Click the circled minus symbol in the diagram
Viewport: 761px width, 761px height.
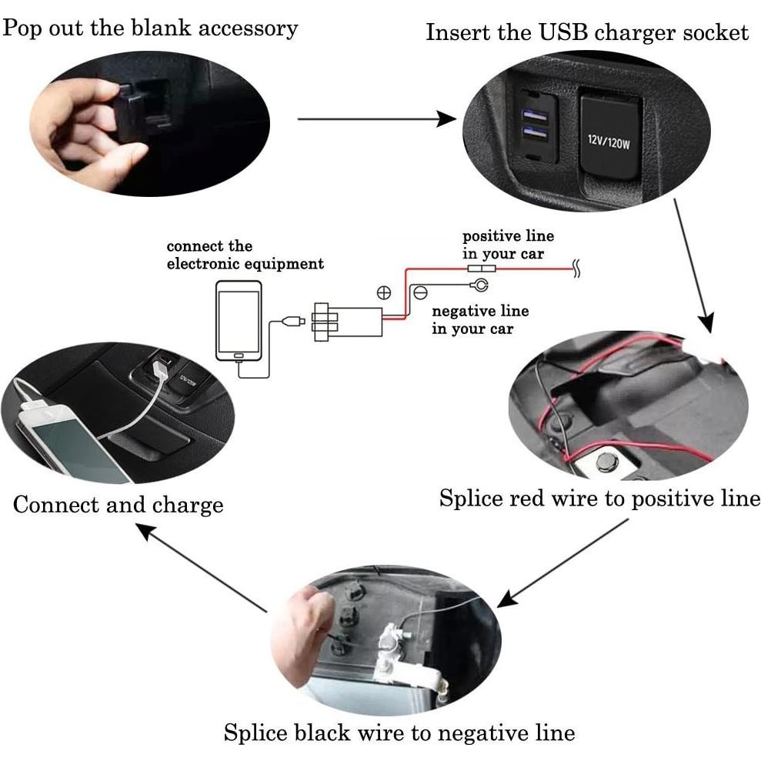420,293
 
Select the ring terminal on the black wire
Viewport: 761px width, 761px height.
479,286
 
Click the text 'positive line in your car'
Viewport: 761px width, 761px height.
507,244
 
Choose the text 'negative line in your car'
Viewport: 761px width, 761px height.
479,319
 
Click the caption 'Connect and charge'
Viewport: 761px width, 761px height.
118,505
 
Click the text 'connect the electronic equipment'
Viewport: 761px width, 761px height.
245,255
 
